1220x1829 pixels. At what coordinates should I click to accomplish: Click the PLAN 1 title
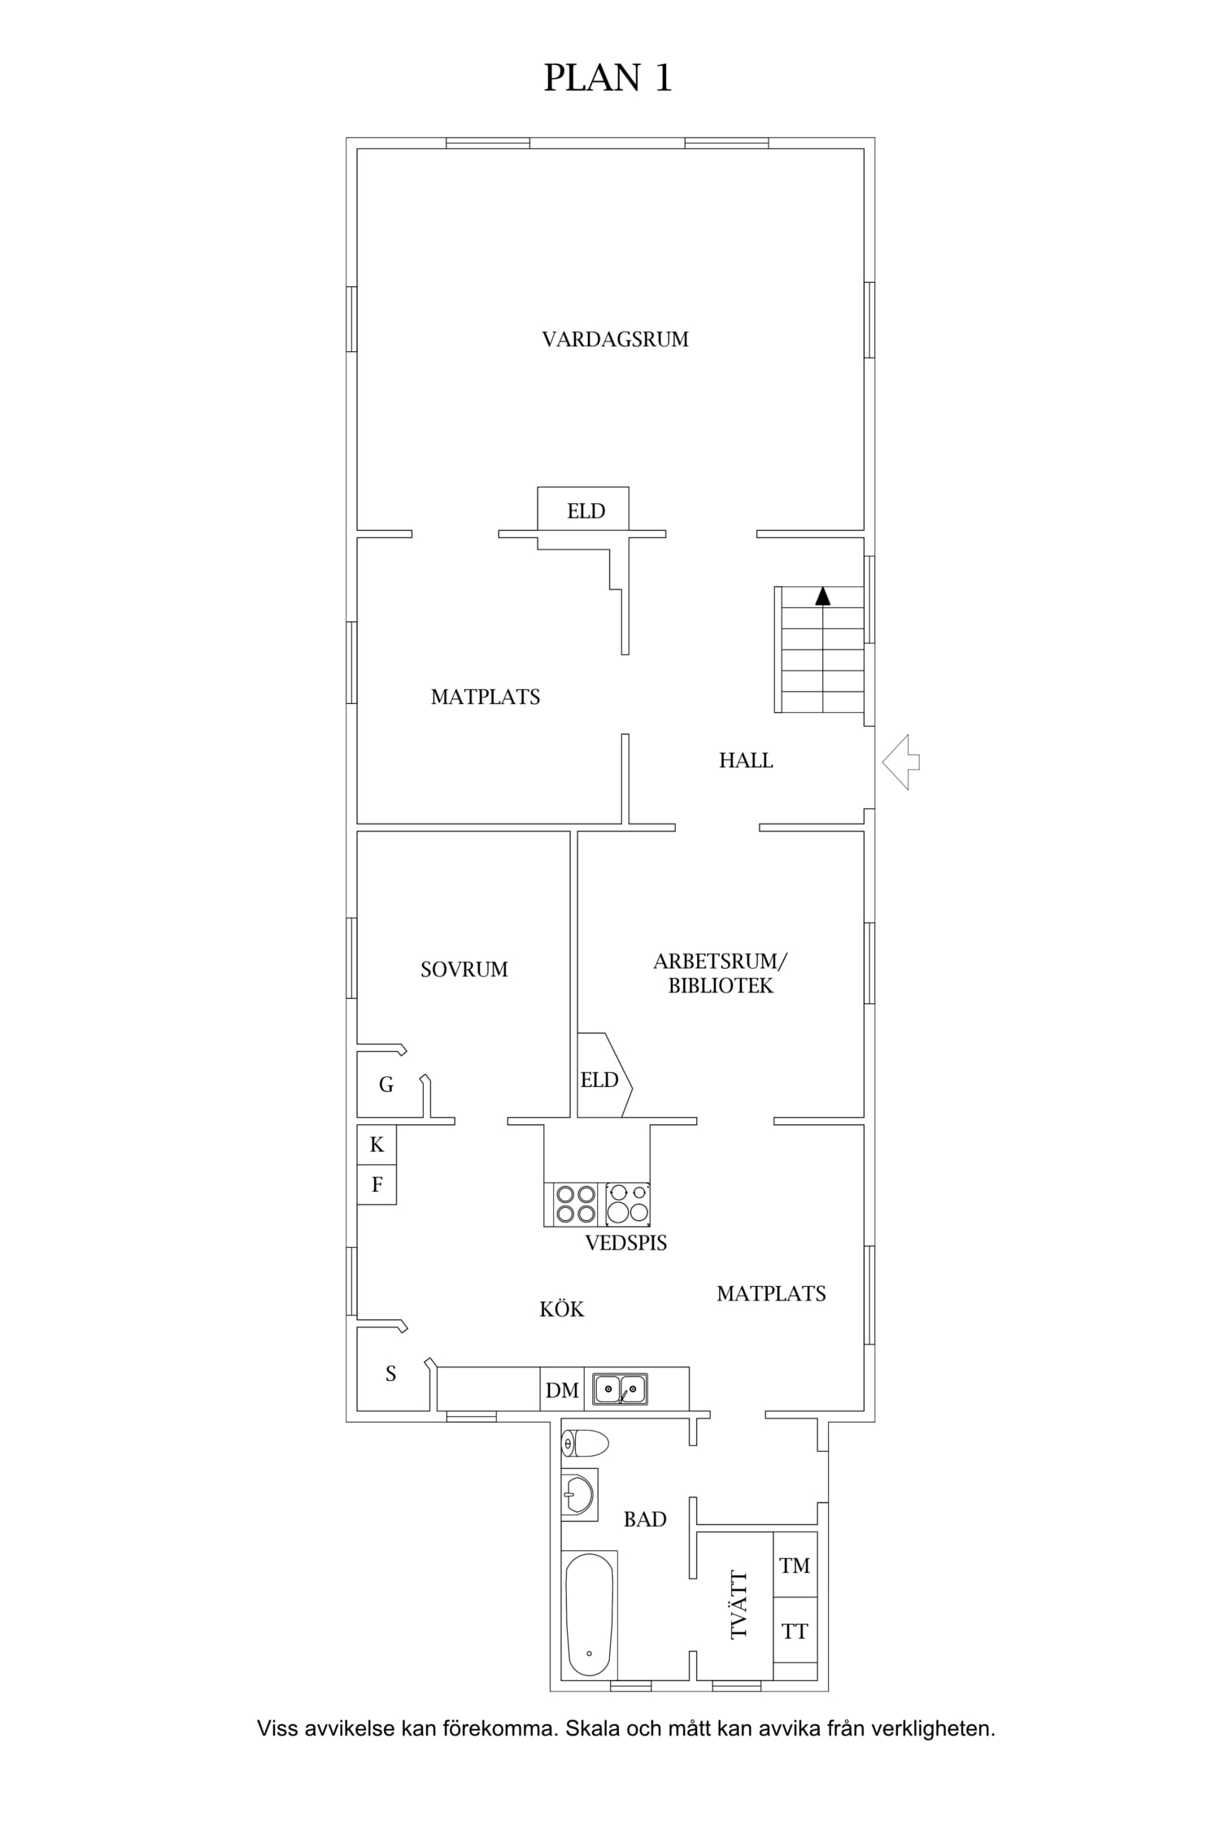tap(608, 78)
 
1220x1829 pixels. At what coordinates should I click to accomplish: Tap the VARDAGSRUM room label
tap(615, 339)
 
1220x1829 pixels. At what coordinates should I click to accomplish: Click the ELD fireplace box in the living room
tap(583, 509)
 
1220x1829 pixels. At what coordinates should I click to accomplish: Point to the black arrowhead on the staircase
tap(823, 596)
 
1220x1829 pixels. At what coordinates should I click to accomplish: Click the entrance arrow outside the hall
tap(900, 762)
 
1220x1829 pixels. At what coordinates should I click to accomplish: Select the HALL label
tap(746, 760)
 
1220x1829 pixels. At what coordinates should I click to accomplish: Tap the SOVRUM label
tap(464, 969)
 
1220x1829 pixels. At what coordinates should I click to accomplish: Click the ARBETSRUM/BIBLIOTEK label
tap(721, 973)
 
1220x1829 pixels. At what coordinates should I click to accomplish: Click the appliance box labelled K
tap(377, 1145)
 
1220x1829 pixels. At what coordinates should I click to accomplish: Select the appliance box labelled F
tap(377, 1184)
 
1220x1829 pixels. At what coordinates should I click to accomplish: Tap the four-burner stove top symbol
tap(575, 1204)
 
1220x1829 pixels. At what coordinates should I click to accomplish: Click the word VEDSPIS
tap(626, 1243)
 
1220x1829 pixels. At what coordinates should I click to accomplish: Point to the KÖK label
tap(562, 1309)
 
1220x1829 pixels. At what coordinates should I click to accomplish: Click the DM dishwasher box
tap(562, 1389)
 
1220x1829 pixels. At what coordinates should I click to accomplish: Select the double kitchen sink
tap(620, 1389)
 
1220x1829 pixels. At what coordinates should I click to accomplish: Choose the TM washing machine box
tap(795, 1565)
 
